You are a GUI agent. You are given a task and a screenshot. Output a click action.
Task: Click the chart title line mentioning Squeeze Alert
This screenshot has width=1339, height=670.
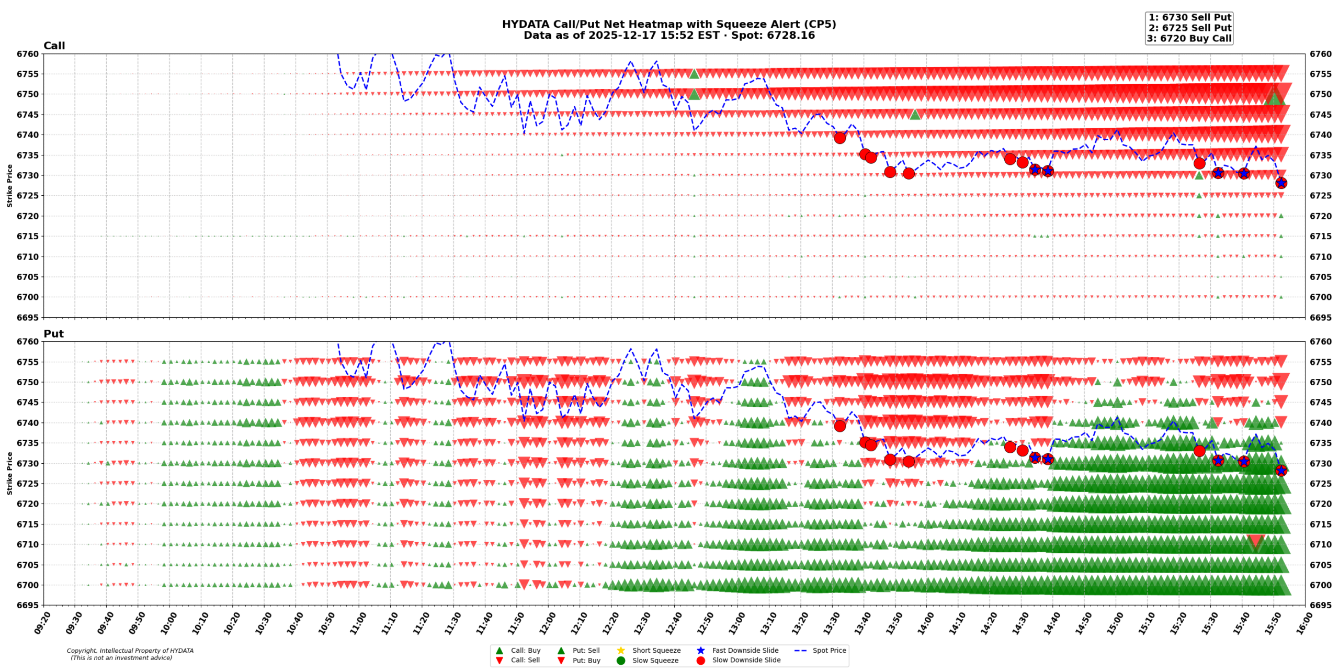[x=668, y=24]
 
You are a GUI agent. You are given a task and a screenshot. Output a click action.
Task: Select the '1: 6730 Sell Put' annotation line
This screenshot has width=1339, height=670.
[x=1189, y=17]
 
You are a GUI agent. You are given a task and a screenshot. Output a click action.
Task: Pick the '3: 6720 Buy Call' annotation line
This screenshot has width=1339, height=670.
[x=1189, y=38]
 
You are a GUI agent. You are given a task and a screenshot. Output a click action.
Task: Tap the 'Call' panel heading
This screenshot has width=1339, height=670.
[x=54, y=46]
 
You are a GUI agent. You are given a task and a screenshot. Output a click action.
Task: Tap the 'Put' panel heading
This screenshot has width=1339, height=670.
[x=53, y=333]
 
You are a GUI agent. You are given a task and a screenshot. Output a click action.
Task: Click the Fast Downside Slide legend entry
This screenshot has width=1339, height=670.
[x=745, y=650]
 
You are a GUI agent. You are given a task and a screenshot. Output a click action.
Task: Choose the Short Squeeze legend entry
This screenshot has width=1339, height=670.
[x=656, y=650]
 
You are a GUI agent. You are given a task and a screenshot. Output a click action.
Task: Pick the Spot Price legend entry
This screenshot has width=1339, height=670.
[x=829, y=650]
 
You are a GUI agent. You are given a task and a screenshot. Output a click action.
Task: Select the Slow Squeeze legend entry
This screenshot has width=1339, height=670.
[x=655, y=660]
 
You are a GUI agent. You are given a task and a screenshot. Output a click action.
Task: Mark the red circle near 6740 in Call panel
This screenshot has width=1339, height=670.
[x=839, y=138]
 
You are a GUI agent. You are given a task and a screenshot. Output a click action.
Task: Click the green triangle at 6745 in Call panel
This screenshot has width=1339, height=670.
[x=914, y=114]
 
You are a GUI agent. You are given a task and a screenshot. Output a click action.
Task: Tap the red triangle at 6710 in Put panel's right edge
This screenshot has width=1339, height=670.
[x=1256, y=541]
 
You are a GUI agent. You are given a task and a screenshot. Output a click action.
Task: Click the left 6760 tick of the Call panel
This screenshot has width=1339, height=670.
[x=28, y=54]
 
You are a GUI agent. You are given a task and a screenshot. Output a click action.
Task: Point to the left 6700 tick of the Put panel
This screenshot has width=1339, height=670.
[x=28, y=585]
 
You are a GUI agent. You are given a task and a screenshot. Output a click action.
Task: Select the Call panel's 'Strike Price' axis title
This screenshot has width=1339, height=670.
[x=9, y=185]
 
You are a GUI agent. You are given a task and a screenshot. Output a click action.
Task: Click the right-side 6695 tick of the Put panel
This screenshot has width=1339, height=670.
[x=1321, y=605]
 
